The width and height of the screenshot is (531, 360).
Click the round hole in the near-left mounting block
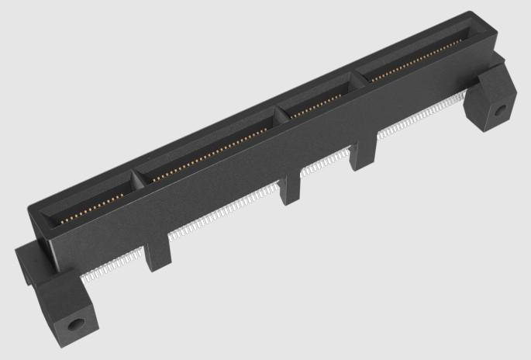(76, 322)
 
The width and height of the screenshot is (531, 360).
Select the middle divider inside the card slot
(284, 113)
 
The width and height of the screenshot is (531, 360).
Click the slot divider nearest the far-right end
(359, 78)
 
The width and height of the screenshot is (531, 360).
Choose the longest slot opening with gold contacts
(209, 147)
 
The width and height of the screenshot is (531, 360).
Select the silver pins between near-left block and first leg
(116, 268)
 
